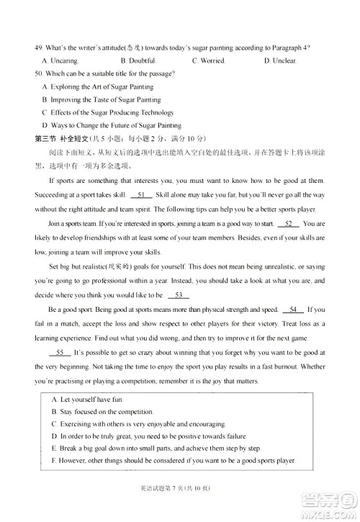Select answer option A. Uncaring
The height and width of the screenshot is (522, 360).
[x=61, y=60]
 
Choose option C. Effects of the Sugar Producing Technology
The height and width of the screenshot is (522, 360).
[x=108, y=112]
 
